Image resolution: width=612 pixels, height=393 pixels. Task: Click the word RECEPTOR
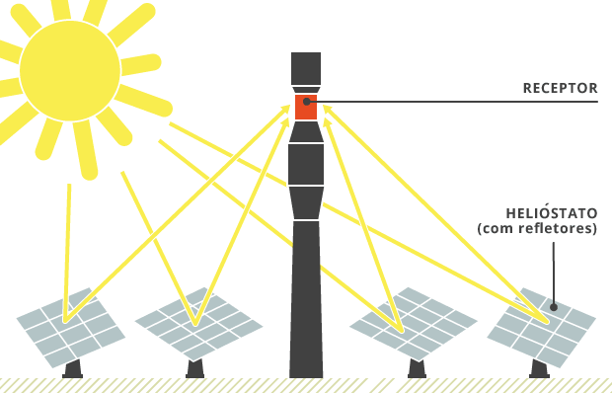(x=560, y=88)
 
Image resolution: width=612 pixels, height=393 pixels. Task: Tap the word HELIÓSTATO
(x=551, y=213)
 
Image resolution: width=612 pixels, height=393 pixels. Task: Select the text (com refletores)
(x=537, y=229)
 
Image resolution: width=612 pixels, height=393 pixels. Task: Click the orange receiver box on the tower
(x=306, y=107)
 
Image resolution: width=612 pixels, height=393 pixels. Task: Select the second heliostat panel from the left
(x=198, y=322)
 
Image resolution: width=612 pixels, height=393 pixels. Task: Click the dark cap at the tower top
(x=306, y=67)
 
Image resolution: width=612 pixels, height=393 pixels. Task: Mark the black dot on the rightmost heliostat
(x=554, y=307)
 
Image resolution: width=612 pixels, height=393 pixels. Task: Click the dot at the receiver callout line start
(x=307, y=101)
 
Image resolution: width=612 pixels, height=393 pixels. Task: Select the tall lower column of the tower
(x=306, y=296)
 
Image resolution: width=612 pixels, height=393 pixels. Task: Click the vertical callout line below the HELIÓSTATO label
(x=554, y=272)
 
